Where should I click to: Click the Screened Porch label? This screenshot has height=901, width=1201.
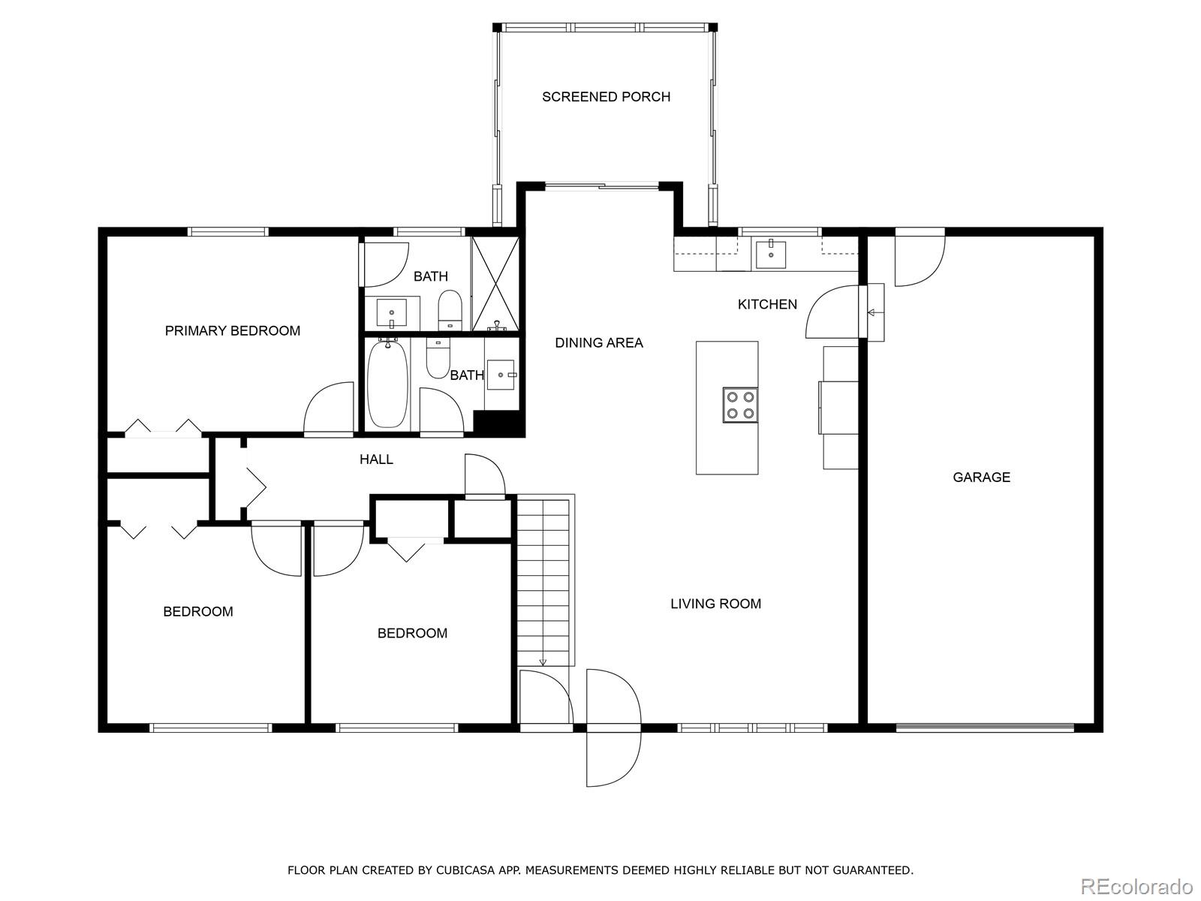point(606,97)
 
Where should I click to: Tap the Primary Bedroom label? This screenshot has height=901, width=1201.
point(233,330)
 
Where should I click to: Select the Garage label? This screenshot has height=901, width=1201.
point(981,477)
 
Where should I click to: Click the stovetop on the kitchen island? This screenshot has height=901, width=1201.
point(739,405)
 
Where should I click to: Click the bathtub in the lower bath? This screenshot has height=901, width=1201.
point(387,384)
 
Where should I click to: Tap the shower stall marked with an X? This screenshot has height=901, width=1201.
point(495,283)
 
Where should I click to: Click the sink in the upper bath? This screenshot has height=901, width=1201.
point(391,312)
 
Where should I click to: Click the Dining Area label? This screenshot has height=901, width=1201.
point(598,342)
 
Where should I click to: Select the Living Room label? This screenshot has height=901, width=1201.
point(715,603)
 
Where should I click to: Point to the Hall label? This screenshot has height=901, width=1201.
point(376,459)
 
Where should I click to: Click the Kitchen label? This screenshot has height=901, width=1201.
point(767,304)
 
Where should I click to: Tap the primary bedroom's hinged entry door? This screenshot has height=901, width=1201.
point(329,409)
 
